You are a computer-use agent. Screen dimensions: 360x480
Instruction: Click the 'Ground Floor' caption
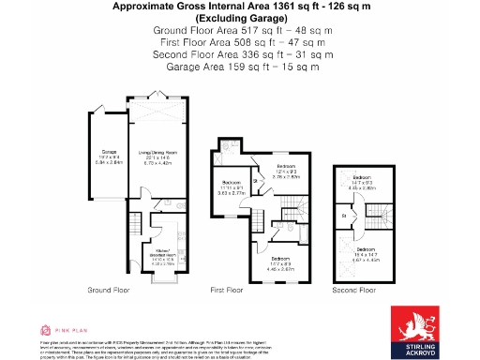tap(110, 291)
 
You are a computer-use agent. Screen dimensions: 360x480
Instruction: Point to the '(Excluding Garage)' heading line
tap(242, 19)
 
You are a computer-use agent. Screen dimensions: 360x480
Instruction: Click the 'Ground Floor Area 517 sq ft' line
tap(242, 30)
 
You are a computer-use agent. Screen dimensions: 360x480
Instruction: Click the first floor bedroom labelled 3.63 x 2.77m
tap(232, 187)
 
